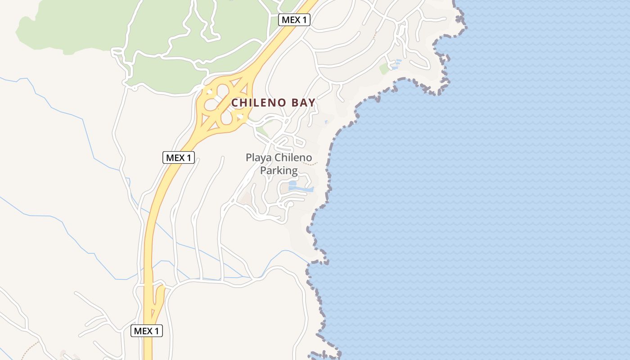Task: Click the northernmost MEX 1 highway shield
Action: pos(295,20)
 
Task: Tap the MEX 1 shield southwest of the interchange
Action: pos(178,157)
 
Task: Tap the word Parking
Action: pos(279,171)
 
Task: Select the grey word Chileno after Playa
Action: pos(293,158)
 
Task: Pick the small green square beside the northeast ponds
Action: pos(384,69)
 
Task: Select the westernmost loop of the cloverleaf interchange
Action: pos(211,105)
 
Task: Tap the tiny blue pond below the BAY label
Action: pos(326,121)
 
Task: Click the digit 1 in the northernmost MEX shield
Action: pos(306,20)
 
